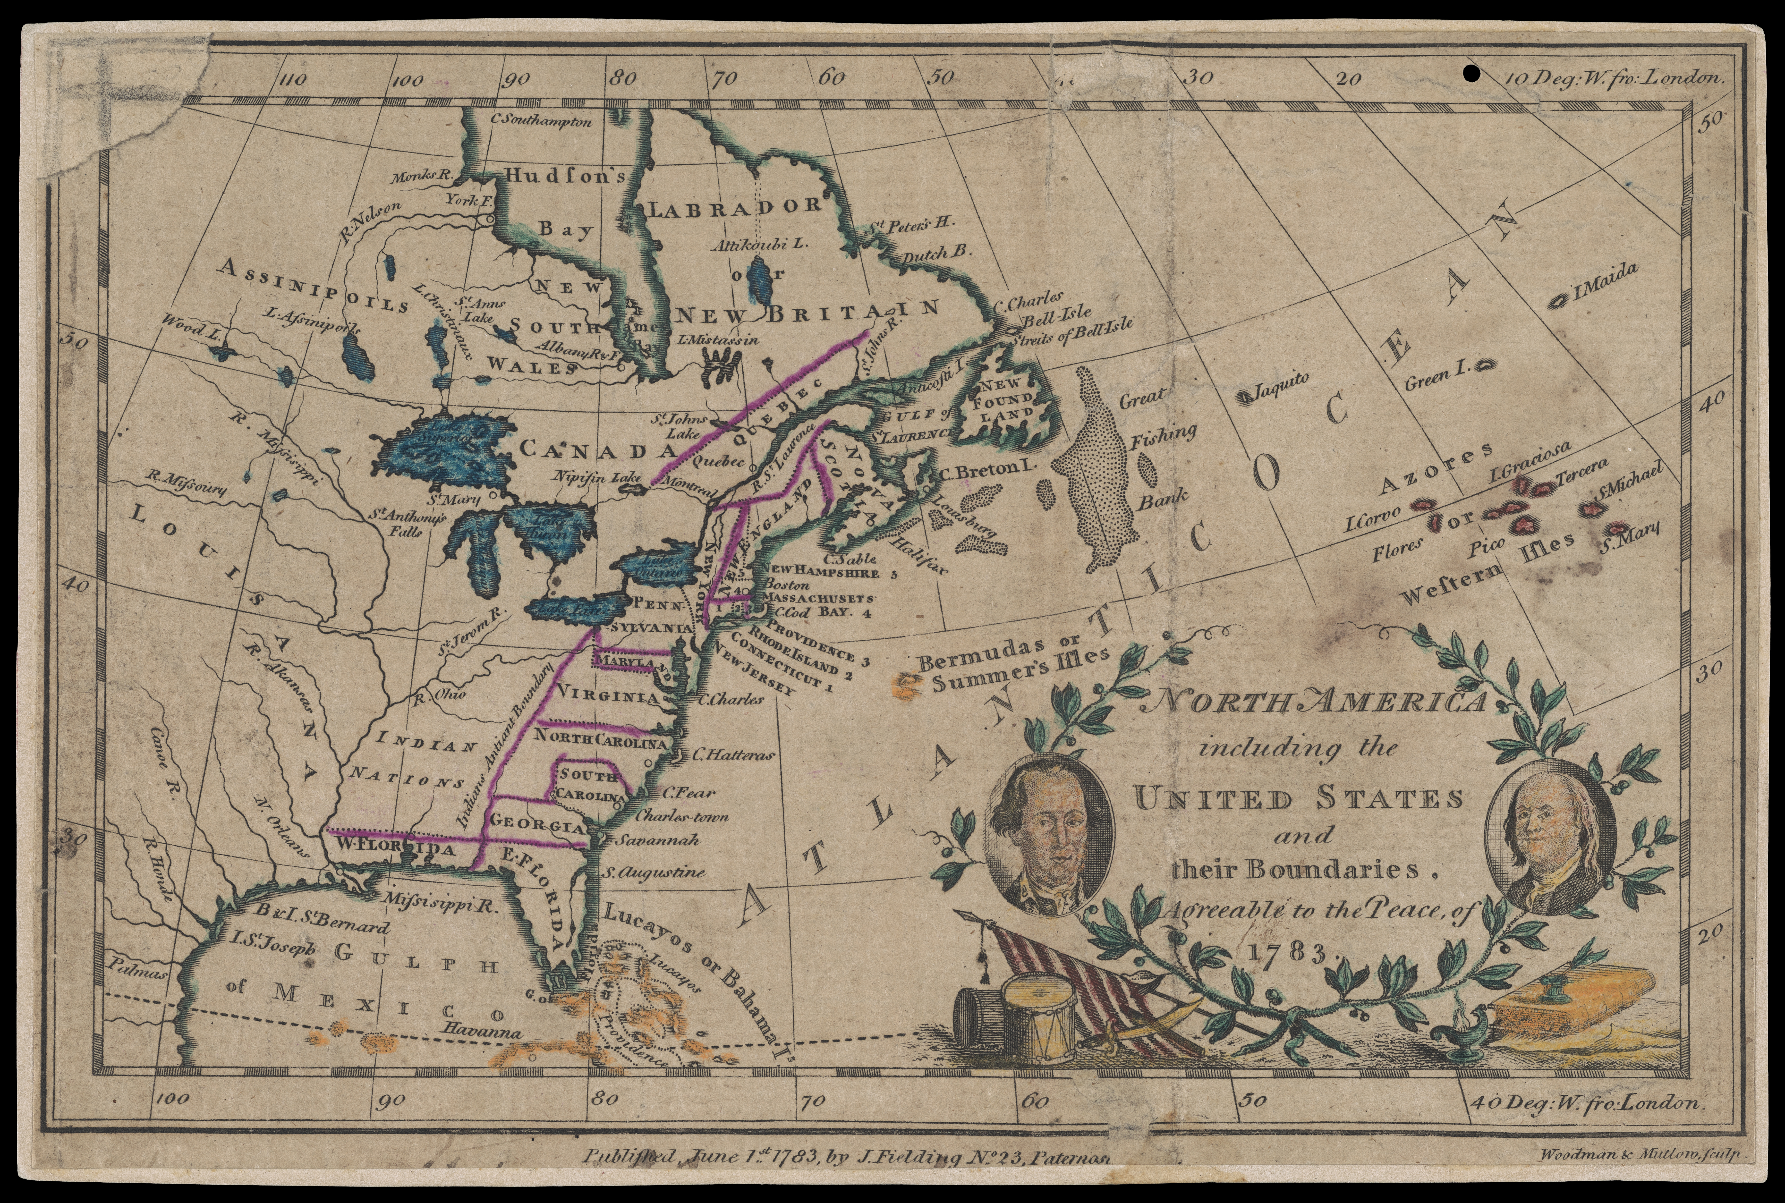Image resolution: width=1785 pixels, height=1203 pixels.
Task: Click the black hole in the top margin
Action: click(x=1470, y=74)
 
